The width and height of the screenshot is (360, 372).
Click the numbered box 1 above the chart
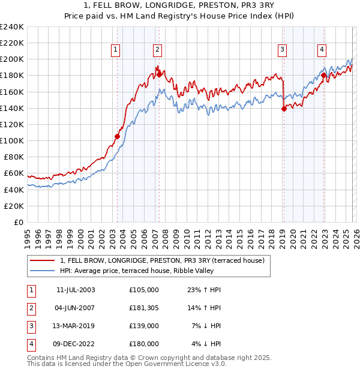click(x=115, y=50)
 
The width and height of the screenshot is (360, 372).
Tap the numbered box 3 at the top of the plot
click(x=282, y=50)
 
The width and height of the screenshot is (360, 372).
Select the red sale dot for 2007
click(x=159, y=74)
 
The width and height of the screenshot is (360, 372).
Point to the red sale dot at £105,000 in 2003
click(x=118, y=136)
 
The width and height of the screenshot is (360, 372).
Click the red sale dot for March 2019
click(x=284, y=109)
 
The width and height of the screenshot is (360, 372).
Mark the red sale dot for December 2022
click(x=323, y=76)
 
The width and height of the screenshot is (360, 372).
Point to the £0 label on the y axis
click(x=18, y=222)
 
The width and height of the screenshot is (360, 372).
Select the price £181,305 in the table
click(x=144, y=308)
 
